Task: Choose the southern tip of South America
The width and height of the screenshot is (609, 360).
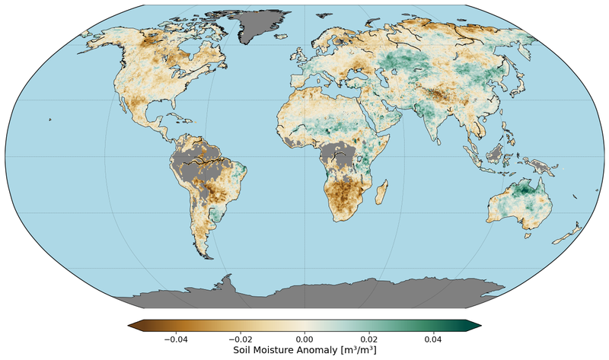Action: pos(206,255)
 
